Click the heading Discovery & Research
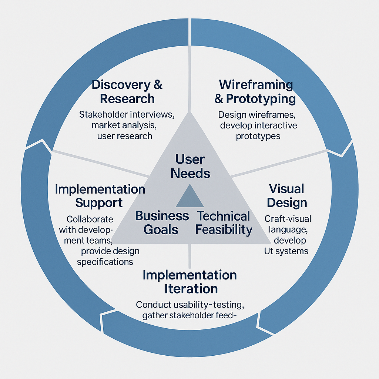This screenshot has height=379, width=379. (x=127, y=92)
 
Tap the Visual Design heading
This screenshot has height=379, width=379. (x=287, y=195)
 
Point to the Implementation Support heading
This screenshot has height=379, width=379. (x=100, y=196)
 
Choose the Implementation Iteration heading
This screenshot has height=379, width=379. (x=190, y=282)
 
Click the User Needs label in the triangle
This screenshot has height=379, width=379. (x=190, y=166)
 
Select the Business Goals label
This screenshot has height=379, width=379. (x=162, y=222)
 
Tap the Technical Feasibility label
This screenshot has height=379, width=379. (x=224, y=222)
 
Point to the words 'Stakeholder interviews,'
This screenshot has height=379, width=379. (x=127, y=114)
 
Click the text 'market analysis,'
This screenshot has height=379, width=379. (x=124, y=125)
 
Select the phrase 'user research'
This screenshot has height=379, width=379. (x=124, y=136)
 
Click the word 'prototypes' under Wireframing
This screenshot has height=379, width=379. (x=258, y=136)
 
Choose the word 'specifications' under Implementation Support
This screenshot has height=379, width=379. (x=105, y=262)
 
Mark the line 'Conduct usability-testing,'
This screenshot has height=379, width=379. (x=190, y=305)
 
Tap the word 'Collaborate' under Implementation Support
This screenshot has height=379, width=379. (x=90, y=219)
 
